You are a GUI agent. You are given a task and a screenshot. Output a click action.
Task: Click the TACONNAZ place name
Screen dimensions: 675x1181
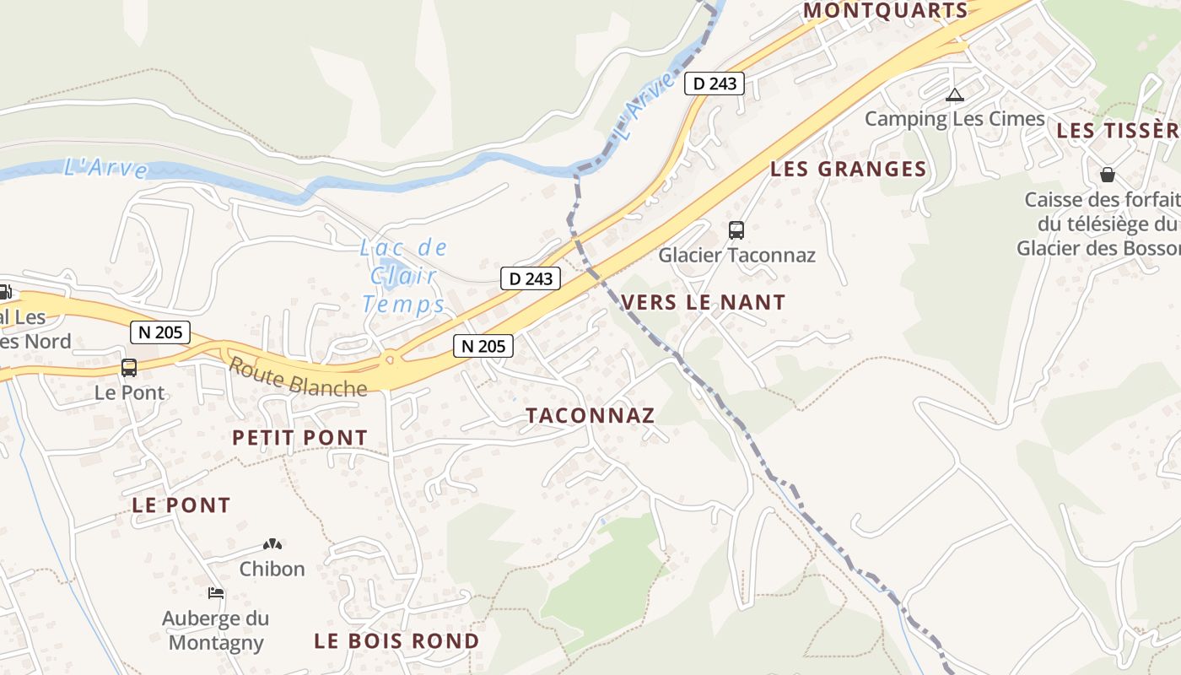(590, 415)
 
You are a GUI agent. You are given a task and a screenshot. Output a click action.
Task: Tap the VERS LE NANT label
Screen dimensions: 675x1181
(703, 302)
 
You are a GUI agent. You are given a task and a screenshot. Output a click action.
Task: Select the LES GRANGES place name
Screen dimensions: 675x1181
(848, 169)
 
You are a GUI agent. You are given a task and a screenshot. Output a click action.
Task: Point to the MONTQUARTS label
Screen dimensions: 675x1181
(885, 11)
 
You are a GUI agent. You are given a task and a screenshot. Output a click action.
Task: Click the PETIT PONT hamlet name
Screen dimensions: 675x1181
(299, 438)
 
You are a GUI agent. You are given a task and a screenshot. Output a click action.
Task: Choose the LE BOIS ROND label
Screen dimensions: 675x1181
(396, 641)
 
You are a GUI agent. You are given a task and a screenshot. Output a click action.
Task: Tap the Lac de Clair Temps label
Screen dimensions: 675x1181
(404, 276)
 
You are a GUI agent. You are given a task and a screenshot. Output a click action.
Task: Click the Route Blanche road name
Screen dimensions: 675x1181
(298, 377)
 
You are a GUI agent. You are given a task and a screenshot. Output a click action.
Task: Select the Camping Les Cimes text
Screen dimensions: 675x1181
(955, 119)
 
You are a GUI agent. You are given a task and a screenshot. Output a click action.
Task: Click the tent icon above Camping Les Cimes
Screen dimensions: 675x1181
(954, 94)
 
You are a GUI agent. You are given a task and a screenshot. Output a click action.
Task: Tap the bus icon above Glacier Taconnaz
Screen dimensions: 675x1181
(736, 229)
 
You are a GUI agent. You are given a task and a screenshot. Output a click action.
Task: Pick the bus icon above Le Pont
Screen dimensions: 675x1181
(129, 368)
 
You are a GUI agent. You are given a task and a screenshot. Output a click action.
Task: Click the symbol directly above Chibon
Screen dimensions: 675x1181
(272, 545)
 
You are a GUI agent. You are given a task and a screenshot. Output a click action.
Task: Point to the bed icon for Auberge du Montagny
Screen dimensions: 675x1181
(216, 593)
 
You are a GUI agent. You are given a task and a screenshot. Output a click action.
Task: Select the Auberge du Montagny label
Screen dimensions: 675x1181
(215, 630)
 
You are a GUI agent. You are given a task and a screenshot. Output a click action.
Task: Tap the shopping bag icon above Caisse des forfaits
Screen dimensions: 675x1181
(1108, 175)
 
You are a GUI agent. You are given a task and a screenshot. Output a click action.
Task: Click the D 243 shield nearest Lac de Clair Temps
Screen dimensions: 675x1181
(531, 278)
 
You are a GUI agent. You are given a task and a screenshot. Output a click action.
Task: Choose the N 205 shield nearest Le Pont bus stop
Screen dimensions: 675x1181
(160, 332)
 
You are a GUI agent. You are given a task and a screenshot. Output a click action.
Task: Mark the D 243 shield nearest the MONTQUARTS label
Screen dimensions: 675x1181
(714, 84)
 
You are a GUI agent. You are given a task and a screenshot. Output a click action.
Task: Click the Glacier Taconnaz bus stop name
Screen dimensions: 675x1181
(736, 255)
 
